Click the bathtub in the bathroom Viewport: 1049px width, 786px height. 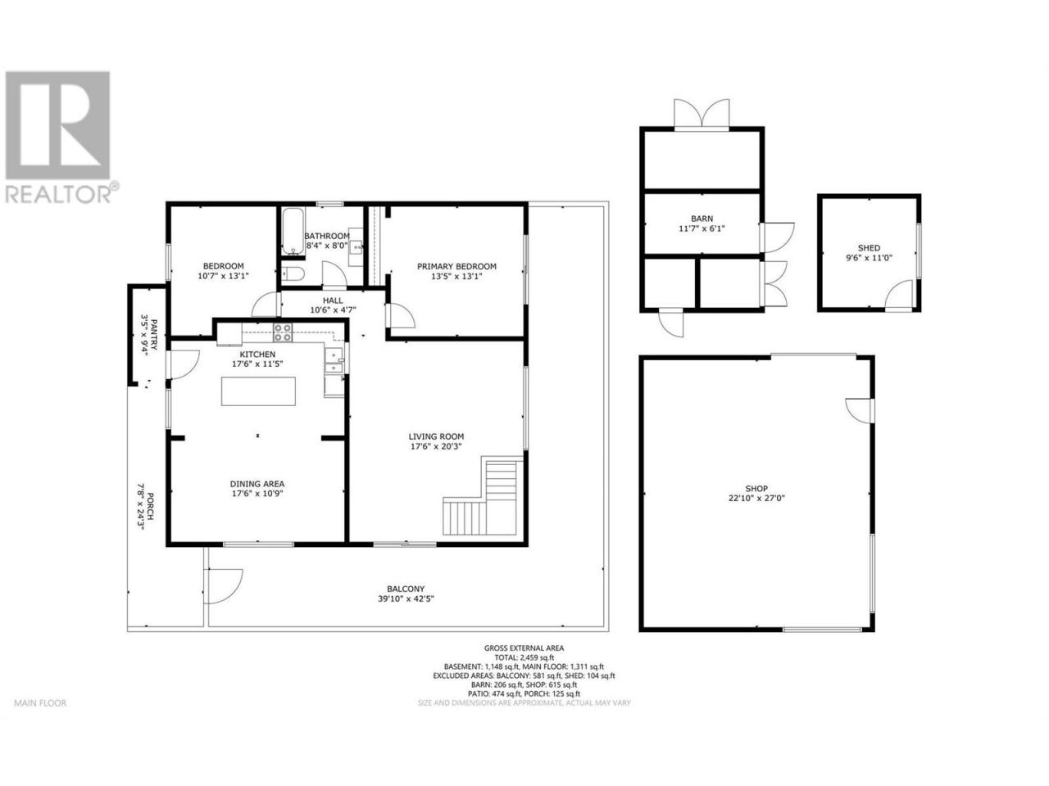[292, 232]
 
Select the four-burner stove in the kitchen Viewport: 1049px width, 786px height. [283, 332]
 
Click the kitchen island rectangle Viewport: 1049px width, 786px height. [258, 391]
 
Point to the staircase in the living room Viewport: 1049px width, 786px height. [484, 496]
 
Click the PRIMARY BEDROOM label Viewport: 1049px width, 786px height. [456, 266]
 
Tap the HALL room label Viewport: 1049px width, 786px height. [333, 300]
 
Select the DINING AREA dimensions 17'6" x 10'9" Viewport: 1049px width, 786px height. [257, 494]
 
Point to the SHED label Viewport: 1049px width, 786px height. [869, 248]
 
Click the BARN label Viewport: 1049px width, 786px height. [702, 219]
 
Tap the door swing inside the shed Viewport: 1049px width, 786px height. [898, 295]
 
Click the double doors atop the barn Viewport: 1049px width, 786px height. [702, 114]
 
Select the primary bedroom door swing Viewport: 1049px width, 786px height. [401, 315]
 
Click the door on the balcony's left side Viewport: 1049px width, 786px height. [224, 586]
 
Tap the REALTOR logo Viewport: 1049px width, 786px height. [59, 137]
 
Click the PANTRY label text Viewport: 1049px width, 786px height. [154, 328]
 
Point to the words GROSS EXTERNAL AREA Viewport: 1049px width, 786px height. [524, 648]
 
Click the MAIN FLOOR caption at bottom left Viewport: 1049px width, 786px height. [40, 703]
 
